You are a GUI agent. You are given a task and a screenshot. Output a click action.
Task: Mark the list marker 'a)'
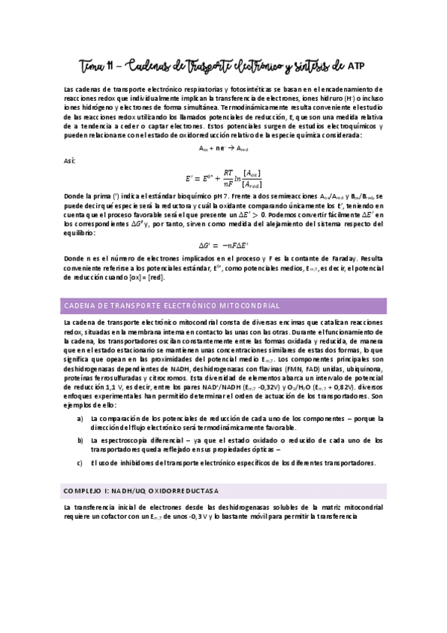81,418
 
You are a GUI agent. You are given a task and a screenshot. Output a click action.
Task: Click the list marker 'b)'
81,441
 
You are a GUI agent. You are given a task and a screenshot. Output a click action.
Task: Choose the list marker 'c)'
81,464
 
